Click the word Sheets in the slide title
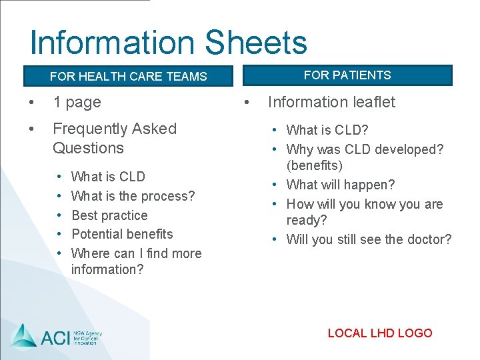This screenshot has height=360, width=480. [256, 43]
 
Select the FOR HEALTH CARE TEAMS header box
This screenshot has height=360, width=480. [128, 76]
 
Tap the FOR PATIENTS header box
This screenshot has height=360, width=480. [347, 75]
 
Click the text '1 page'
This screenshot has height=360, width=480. [77, 102]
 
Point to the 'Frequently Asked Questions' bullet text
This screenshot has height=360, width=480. [114, 138]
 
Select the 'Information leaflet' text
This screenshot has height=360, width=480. [331, 102]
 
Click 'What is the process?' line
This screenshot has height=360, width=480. [133, 196]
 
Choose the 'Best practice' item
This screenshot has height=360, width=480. [109, 215]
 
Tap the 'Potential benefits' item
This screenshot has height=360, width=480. [122, 234]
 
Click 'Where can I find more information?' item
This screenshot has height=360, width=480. [136, 261]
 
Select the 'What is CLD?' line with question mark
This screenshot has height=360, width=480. [327, 130]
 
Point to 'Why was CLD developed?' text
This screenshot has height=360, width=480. [365, 149]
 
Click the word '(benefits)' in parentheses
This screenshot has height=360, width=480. [314, 165]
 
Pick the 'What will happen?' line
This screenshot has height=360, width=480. [340, 185]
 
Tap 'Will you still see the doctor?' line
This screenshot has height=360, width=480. [369, 239]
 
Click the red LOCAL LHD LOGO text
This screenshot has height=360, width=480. [380, 333]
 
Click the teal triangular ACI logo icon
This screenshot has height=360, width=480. [23, 335]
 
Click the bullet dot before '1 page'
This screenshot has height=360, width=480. [29, 103]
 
